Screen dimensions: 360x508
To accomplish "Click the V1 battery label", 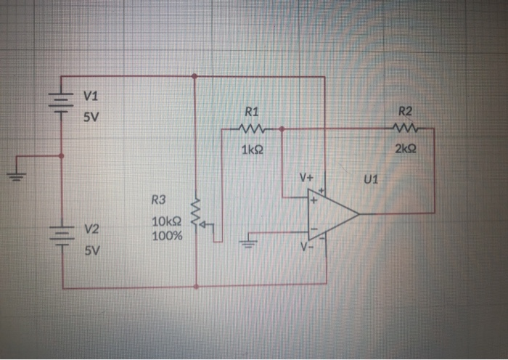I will (x=90, y=96).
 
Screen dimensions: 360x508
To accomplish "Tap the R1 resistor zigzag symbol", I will (x=252, y=130).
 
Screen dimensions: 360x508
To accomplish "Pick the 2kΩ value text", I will (x=406, y=149).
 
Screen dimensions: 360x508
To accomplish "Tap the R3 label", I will (x=158, y=200).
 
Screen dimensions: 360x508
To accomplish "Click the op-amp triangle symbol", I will (x=331, y=213).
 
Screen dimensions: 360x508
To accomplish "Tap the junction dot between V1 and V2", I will (x=61, y=155).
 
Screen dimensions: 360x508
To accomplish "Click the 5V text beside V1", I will (x=91, y=118).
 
